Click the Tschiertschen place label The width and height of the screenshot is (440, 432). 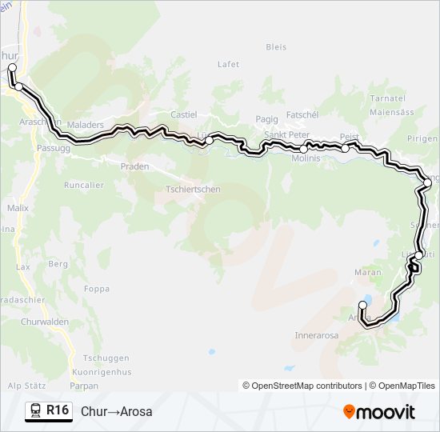(x=193, y=189)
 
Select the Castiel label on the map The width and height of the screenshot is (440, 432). (x=183, y=115)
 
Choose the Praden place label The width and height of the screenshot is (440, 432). (x=134, y=166)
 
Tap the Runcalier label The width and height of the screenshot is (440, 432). (x=84, y=185)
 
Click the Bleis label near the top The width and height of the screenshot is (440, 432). (x=276, y=47)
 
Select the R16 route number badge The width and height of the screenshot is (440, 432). (x=58, y=410)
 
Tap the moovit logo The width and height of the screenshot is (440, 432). (x=379, y=412)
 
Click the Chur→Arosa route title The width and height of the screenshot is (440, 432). (x=116, y=412)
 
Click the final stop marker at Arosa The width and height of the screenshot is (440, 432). (x=363, y=306)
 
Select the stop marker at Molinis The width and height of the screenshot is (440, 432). (x=304, y=149)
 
